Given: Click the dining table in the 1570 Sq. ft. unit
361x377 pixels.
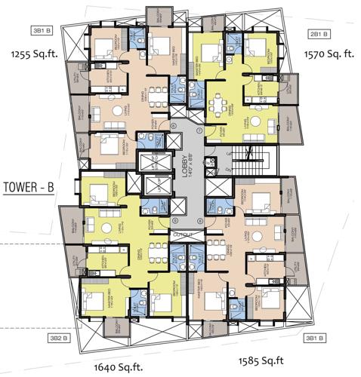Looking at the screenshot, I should click(x=221, y=103).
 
